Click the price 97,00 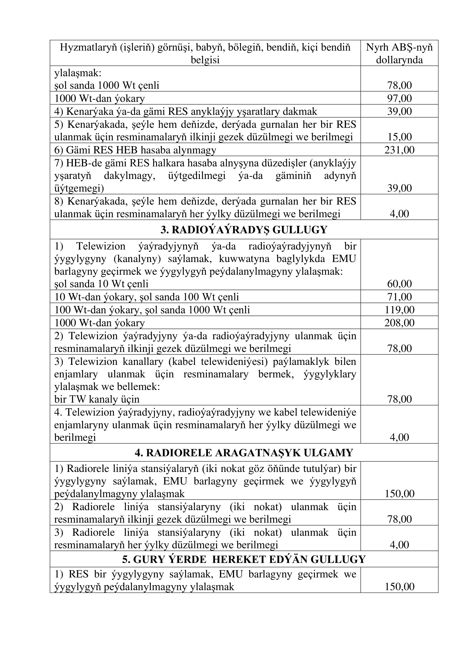(x=399, y=98)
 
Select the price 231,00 (x=399, y=150)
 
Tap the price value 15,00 (x=399, y=137)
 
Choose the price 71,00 (x=399, y=296)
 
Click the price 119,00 (x=399, y=310)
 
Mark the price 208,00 (x=399, y=323)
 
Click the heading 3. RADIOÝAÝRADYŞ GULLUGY (x=244, y=230)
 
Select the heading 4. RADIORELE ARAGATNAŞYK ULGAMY (x=244, y=453)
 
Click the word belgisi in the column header (x=205, y=60)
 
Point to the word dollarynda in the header (x=399, y=60)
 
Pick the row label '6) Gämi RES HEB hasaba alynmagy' (x=135, y=150)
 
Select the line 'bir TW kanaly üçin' (x=97, y=399)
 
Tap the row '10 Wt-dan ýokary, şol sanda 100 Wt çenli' (x=147, y=296)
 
